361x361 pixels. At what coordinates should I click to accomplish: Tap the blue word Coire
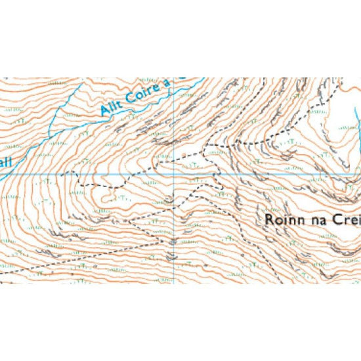click(145, 91)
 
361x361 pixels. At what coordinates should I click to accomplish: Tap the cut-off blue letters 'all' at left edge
click(5, 169)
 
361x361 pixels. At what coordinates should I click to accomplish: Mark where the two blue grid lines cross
click(173, 175)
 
